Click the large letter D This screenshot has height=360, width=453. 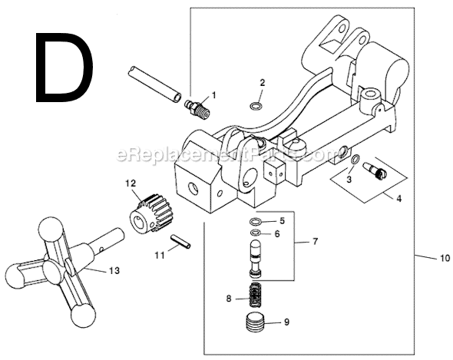click(63, 67)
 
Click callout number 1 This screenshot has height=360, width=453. click(213, 95)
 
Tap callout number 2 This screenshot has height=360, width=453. click(263, 82)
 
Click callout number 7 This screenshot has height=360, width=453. click(314, 242)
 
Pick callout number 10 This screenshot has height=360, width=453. click(444, 258)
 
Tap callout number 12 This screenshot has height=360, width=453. click(131, 183)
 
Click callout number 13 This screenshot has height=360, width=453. click(115, 269)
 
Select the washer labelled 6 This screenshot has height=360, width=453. click(256, 233)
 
